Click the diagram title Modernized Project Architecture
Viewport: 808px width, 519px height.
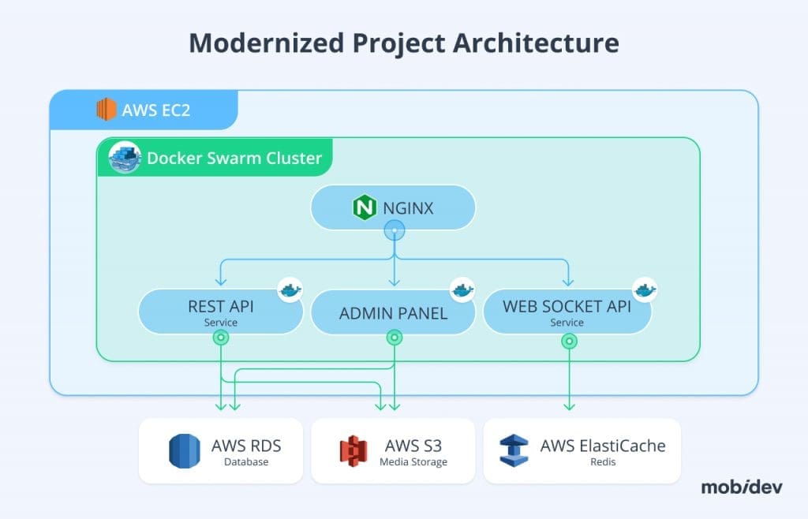(404, 43)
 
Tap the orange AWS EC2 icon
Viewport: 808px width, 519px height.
(106, 110)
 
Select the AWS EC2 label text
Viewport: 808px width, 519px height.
(155, 110)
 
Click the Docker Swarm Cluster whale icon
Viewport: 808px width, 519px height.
(122, 157)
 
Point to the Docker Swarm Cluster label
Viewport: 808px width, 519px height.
(234, 158)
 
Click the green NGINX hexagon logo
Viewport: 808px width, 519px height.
(363, 208)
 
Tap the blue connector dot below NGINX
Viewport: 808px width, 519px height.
(394, 230)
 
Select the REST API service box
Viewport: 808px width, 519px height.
(220, 312)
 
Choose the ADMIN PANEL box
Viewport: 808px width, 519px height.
(393, 313)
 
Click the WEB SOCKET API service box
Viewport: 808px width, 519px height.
(567, 312)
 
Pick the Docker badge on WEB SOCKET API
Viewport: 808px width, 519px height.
(645, 289)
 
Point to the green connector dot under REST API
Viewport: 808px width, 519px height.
(221, 338)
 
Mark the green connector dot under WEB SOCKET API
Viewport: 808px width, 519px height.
(568, 341)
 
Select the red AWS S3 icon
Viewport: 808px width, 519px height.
(353, 451)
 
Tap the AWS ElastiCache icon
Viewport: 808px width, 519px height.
(514, 451)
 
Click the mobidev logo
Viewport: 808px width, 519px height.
(741, 487)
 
